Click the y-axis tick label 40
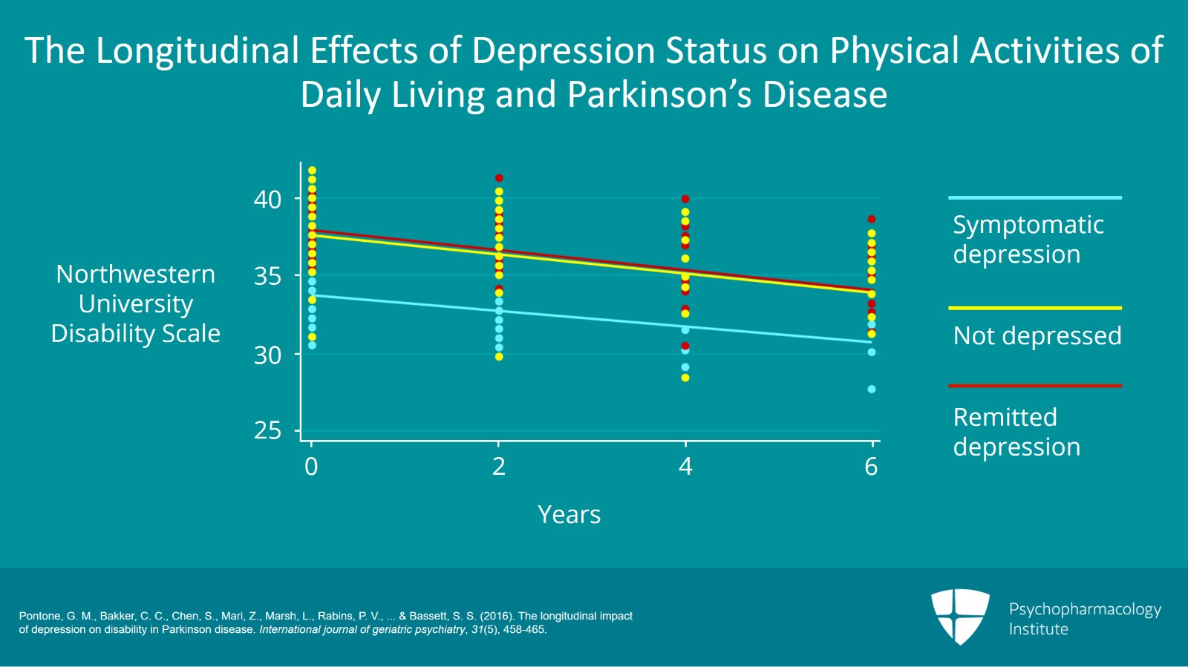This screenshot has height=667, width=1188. [x=267, y=199]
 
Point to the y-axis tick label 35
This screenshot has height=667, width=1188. [x=267, y=276]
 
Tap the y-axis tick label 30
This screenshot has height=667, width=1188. [x=267, y=355]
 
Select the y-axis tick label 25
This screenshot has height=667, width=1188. [x=267, y=430]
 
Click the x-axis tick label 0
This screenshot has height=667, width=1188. [x=311, y=466]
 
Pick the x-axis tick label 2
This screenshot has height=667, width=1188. [x=499, y=466]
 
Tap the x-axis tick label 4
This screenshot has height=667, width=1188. [x=685, y=466]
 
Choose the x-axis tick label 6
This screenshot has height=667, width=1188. [x=871, y=466]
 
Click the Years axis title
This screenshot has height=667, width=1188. [x=569, y=514]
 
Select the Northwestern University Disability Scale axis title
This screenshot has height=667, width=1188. [x=136, y=303]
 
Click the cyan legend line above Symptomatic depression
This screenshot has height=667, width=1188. [x=1034, y=197]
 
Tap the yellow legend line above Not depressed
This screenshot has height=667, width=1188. [x=1034, y=308]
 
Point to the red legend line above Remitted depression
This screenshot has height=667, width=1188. [x=1034, y=386]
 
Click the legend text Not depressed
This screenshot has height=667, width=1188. [x=1037, y=336]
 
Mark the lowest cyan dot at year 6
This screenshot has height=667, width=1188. [x=872, y=389]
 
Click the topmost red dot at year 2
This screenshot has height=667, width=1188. [x=499, y=178]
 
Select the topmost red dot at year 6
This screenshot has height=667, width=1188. [x=872, y=220]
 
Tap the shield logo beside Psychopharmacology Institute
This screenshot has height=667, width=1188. [x=960, y=616]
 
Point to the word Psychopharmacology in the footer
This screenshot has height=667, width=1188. [x=1085, y=609]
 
